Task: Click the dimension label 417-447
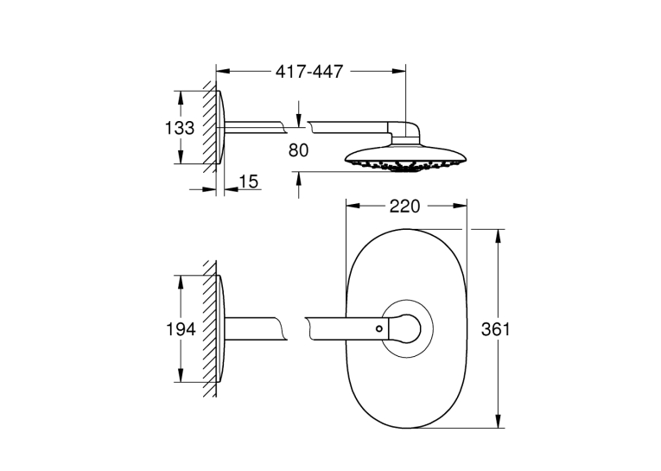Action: click(x=309, y=72)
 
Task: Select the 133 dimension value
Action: click(x=180, y=128)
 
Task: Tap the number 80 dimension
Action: click(x=298, y=150)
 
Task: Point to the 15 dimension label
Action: click(x=248, y=181)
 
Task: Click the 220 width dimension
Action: click(x=404, y=207)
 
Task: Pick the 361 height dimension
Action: click(x=496, y=329)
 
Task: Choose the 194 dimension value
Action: click(x=181, y=329)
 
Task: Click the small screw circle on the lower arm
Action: click(x=379, y=328)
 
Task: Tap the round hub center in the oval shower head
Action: click(x=407, y=328)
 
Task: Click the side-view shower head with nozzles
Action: click(x=405, y=158)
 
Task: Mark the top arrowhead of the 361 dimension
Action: click(x=499, y=236)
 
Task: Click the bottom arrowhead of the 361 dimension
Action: click(x=499, y=421)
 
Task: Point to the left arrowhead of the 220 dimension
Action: click(x=353, y=206)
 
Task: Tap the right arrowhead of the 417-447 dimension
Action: click(x=399, y=71)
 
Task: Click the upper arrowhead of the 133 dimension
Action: click(x=181, y=98)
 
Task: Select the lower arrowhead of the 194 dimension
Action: click(x=181, y=375)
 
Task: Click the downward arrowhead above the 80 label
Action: click(x=299, y=121)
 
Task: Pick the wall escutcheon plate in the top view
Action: click(x=220, y=127)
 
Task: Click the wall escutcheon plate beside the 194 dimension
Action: click(x=220, y=329)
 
